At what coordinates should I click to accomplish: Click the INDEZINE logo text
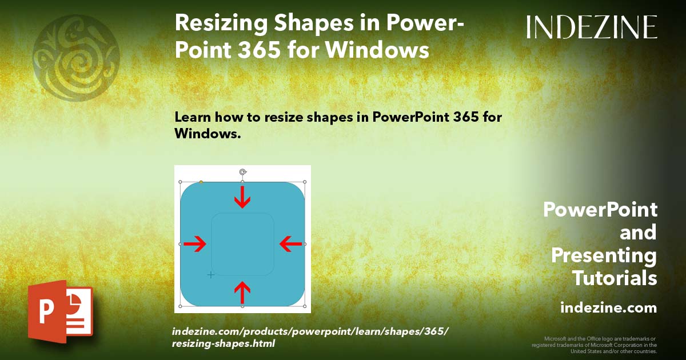click(592, 27)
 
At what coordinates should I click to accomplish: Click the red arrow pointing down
click(243, 197)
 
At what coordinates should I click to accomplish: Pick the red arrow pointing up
click(242, 292)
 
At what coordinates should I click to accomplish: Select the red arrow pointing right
click(195, 245)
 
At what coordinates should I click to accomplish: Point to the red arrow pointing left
click(290, 245)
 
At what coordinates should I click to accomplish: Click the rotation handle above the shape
click(243, 171)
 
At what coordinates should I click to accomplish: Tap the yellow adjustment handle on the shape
click(201, 182)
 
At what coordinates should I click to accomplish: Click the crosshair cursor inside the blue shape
click(210, 275)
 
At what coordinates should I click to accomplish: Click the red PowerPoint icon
click(60, 311)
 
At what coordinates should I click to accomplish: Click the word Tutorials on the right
click(615, 278)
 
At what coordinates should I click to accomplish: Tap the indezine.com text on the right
click(608, 308)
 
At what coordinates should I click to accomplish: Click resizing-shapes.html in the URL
click(224, 343)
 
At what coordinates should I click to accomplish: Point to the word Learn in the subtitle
click(196, 117)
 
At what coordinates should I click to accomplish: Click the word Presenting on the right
click(604, 255)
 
